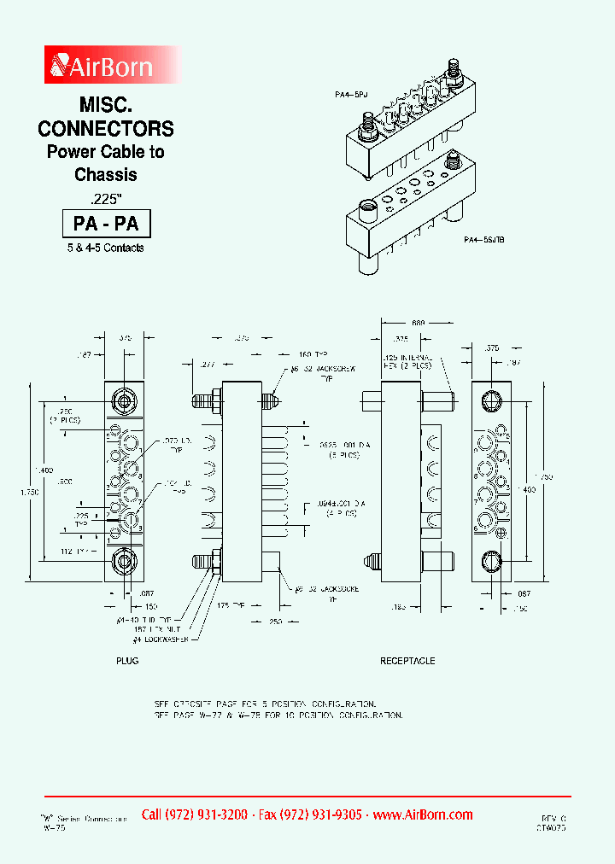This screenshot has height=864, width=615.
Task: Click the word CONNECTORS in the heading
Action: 106,129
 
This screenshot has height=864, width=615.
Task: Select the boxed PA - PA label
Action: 106,224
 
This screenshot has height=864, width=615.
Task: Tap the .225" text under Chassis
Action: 105,198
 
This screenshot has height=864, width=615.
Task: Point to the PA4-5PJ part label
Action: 350,98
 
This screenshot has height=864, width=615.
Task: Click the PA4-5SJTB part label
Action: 484,241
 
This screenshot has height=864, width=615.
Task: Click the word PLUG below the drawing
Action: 127,661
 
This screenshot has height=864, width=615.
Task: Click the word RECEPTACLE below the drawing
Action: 407,661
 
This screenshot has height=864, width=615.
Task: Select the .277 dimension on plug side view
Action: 206,364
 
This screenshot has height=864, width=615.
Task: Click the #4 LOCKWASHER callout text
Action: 162,639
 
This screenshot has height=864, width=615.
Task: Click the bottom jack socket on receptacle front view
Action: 492,562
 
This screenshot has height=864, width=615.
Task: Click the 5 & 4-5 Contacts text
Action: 106,248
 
